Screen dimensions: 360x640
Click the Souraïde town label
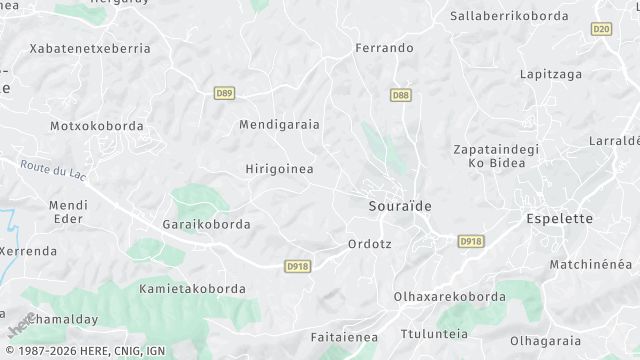[394, 206]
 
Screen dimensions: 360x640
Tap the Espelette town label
[559, 218]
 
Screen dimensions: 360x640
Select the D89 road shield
[224, 93]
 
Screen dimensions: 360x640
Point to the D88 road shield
[400, 95]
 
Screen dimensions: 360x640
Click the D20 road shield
[601, 30]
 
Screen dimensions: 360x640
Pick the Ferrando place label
[384, 48]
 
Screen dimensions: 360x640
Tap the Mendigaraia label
[279, 125]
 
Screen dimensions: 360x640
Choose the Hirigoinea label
[279, 170]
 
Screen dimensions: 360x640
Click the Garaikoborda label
[206, 225]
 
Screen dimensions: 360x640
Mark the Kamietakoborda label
[192, 289]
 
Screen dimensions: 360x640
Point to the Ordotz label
[369, 244]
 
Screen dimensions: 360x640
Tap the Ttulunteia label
[433, 334]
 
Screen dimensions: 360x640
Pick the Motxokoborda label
[96, 127]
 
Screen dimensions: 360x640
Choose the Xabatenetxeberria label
[90, 49]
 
